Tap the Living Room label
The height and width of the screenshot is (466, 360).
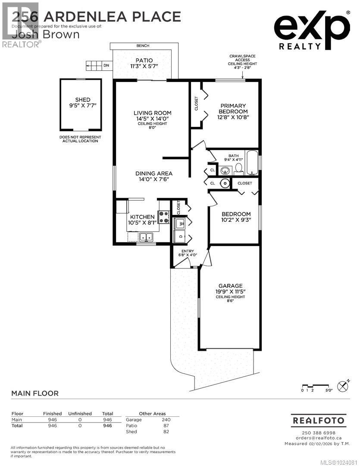[x=149, y=113]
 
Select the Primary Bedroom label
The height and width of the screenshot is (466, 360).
[x=233, y=108]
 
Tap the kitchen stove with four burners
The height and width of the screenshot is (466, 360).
[x=164, y=217]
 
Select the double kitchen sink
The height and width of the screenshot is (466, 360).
[x=146, y=237]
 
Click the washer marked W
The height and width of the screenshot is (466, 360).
[x=180, y=223]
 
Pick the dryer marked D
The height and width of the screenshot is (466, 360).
[x=180, y=236]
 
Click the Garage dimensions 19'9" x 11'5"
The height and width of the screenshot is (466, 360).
[x=230, y=292]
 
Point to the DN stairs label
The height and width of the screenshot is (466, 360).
[x=106, y=66]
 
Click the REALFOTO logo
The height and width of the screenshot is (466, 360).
[x=318, y=420]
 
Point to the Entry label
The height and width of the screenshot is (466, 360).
[x=188, y=251]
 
